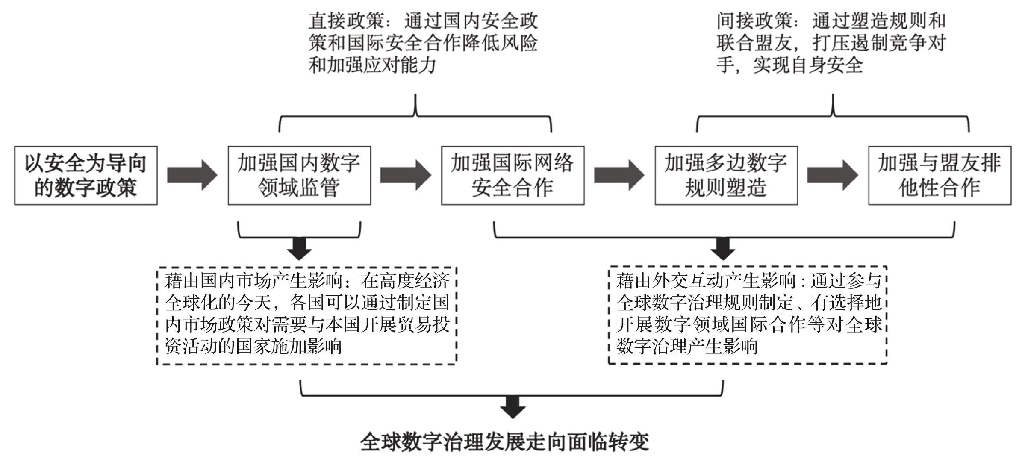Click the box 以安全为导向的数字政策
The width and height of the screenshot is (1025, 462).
click(86, 175)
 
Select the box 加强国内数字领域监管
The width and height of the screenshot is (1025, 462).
click(299, 175)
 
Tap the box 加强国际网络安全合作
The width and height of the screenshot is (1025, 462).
click(512, 175)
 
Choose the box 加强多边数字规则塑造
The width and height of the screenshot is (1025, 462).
click(726, 175)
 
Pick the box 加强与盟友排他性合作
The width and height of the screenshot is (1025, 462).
click(940, 175)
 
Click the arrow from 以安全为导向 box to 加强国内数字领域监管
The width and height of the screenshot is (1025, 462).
click(192, 175)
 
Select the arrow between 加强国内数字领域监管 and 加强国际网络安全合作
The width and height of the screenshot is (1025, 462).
click(406, 175)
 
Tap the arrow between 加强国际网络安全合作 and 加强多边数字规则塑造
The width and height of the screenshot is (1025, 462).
click(619, 175)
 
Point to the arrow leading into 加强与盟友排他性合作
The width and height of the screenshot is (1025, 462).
click(833, 175)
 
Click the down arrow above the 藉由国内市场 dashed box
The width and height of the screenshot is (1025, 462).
click(299, 248)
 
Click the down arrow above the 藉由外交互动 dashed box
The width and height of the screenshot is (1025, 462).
click(723, 248)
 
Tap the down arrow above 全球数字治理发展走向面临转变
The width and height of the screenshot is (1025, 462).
click(512, 407)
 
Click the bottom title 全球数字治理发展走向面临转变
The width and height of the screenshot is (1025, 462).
click(505, 442)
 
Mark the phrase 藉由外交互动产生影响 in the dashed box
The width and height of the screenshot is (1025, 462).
click(705, 281)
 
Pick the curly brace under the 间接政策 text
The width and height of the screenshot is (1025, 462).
click(833, 115)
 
